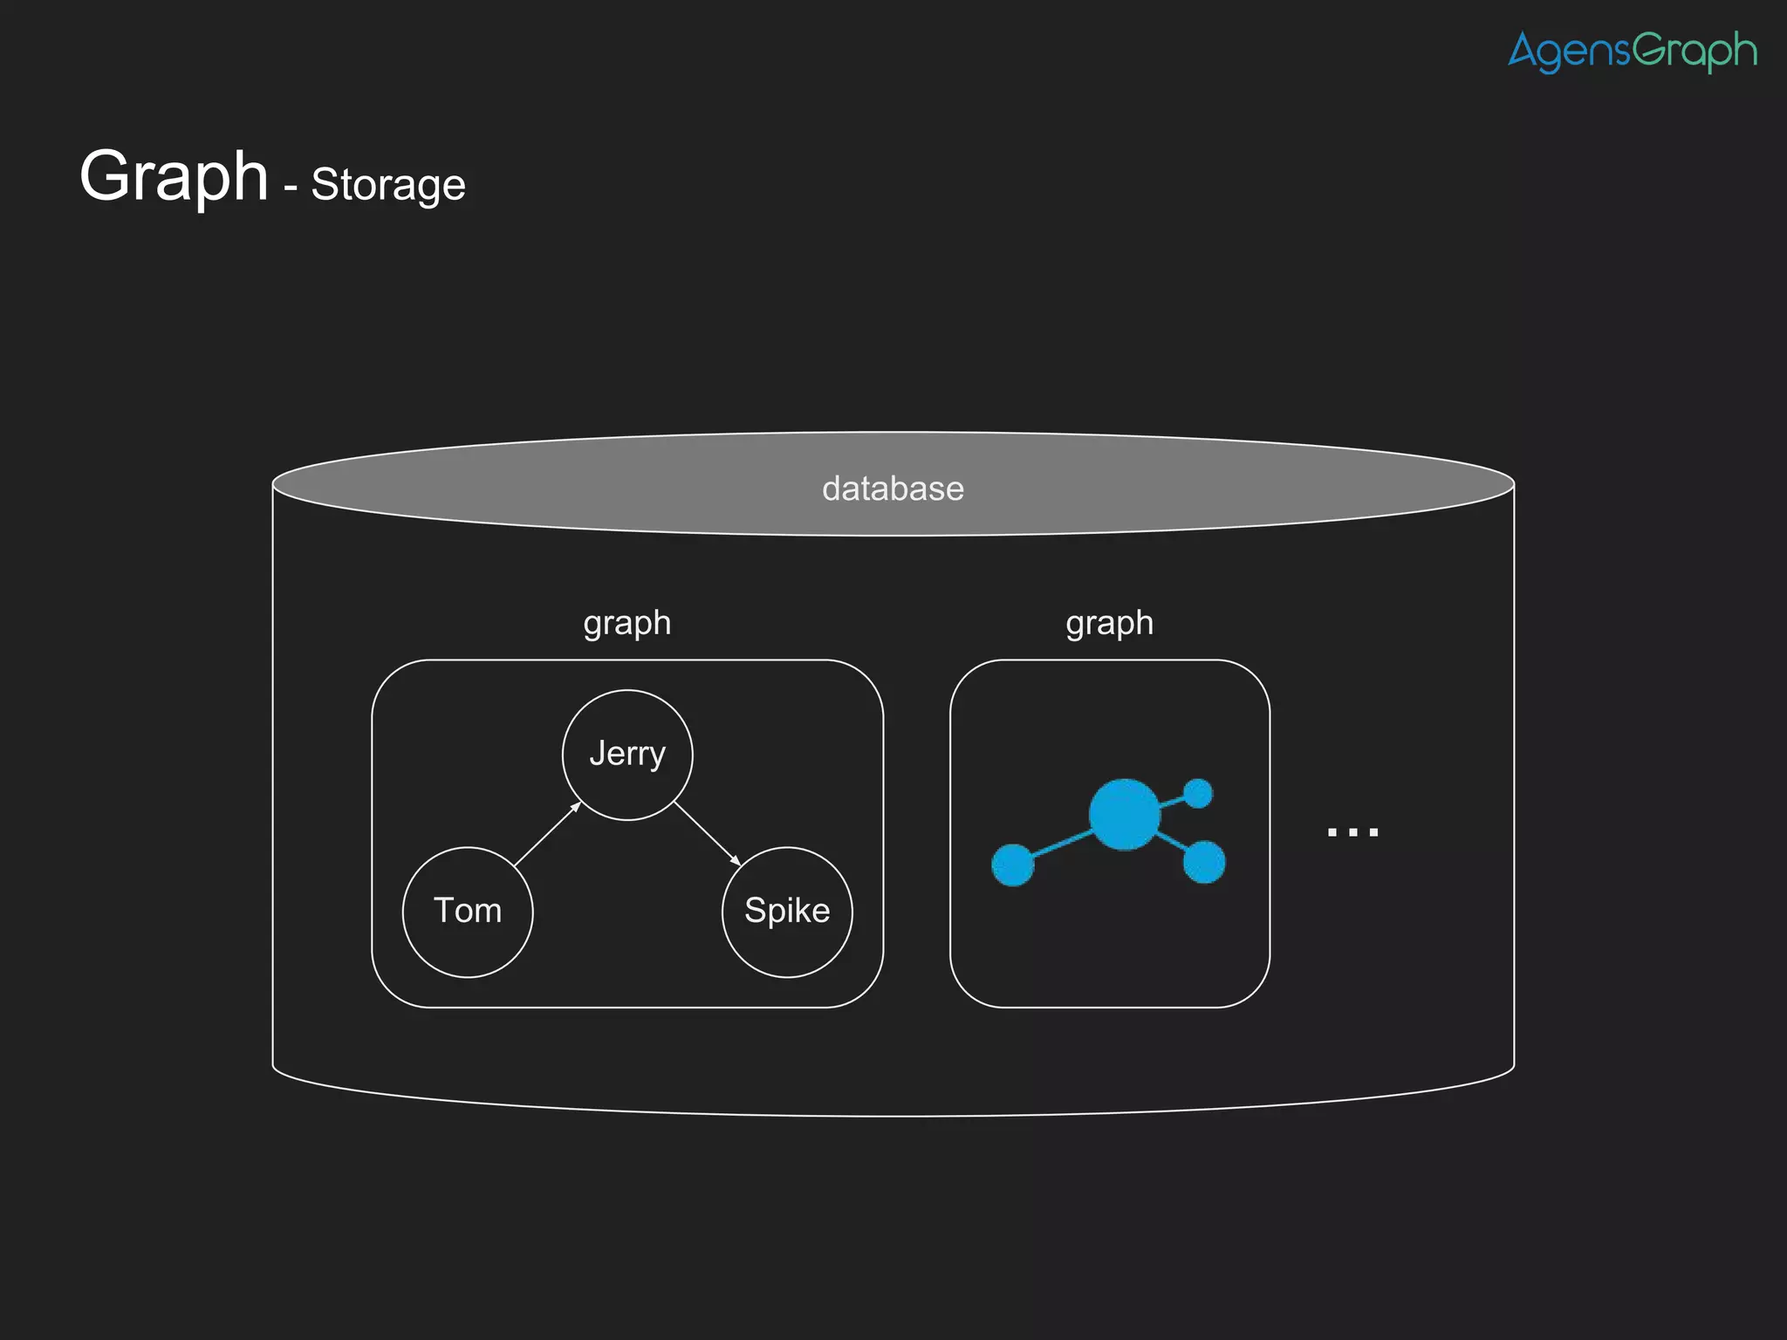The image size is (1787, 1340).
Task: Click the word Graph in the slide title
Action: tap(174, 176)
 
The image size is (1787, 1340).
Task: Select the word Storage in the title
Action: tap(388, 185)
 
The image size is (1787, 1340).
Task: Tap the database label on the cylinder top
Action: tap(893, 489)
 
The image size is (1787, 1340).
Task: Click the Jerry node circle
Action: tap(627, 755)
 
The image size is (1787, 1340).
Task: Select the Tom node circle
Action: tap(468, 912)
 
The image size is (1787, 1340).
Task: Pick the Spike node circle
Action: tap(787, 912)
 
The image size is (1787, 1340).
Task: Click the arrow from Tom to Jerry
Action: tap(547, 835)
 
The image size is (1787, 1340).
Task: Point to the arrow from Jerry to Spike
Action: tap(707, 833)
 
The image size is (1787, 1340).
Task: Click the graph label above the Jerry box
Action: tap(627, 623)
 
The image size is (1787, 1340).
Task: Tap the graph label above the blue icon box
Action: tap(1109, 623)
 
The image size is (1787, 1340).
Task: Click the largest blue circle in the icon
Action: tap(1125, 814)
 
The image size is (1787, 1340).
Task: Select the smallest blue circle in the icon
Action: tap(1199, 793)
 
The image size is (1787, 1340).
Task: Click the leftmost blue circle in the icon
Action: tap(1013, 865)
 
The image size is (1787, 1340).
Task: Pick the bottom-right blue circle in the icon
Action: tap(1204, 862)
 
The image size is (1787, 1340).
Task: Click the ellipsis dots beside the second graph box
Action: tap(1352, 832)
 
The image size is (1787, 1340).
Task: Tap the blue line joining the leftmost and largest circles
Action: tap(1063, 844)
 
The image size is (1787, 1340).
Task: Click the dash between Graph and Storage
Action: tap(291, 187)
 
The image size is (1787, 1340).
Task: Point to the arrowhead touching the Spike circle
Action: tap(736, 861)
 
